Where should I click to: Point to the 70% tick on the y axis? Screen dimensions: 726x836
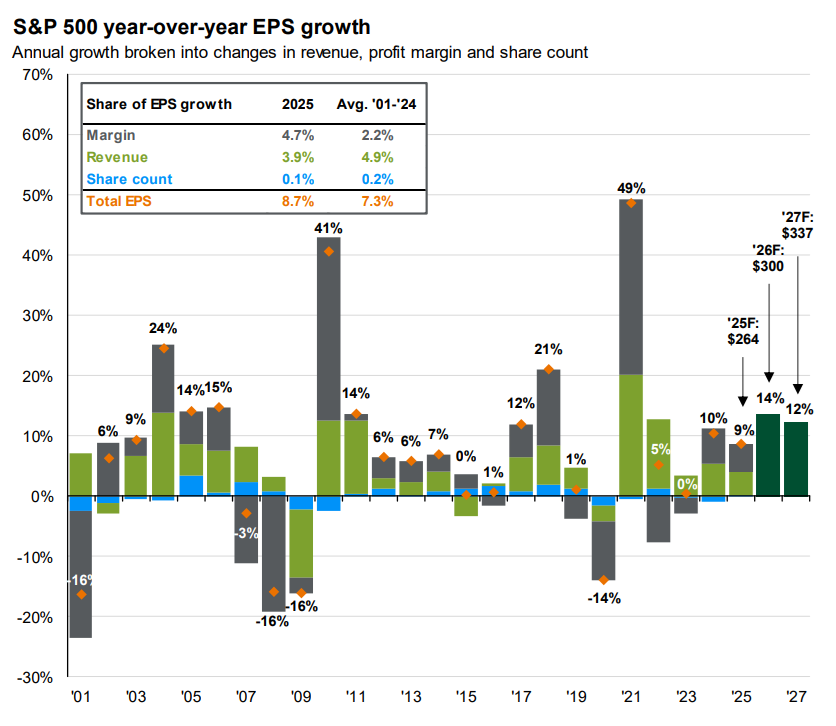click(39, 75)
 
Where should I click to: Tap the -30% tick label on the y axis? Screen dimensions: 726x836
click(36, 677)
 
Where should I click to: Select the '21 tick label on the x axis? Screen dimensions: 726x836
click(630, 697)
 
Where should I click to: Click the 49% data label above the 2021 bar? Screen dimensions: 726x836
click(631, 187)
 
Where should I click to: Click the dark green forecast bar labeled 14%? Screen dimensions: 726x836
click(768, 455)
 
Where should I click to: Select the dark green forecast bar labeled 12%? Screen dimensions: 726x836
click(796, 459)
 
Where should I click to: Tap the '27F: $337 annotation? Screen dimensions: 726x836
click(798, 225)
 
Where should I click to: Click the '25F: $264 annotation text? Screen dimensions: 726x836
click(742, 330)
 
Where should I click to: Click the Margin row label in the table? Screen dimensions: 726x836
click(111, 135)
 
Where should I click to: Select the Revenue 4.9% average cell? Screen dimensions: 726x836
click(377, 157)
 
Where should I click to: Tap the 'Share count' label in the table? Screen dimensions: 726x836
click(130, 179)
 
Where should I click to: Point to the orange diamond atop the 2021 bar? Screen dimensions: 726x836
click(631, 203)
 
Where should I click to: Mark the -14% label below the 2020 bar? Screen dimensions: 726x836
click(604, 599)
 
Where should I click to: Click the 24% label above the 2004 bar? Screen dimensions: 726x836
click(163, 328)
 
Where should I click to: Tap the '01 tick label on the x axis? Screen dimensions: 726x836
click(80, 697)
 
